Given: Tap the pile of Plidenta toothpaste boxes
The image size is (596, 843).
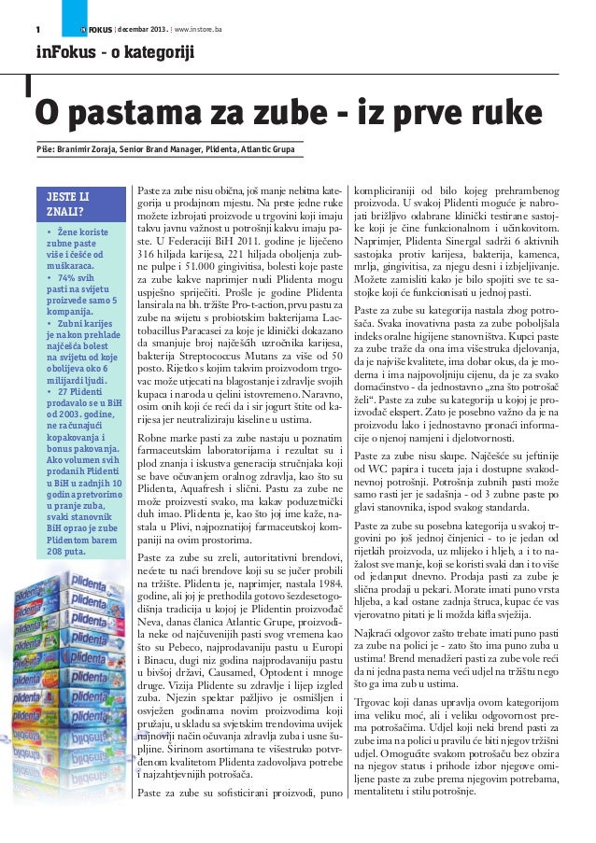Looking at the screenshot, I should coord(75,672).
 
